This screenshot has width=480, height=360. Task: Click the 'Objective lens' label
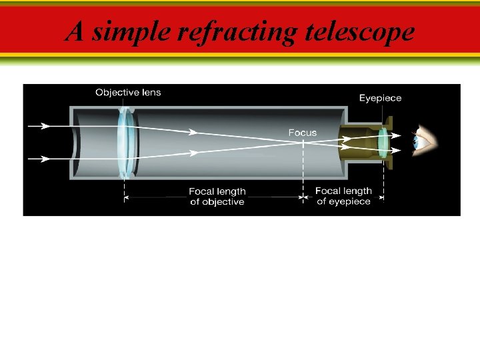(x=128, y=92)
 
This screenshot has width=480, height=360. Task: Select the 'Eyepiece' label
(x=380, y=98)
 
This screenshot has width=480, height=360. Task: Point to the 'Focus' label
(x=302, y=133)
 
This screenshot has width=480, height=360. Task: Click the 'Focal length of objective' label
(x=217, y=197)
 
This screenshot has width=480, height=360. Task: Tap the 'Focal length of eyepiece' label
(x=343, y=196)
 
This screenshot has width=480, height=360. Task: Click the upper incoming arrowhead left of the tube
(x=45, y=125)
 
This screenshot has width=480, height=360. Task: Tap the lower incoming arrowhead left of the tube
(x=45, y=159)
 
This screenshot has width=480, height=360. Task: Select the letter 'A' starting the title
(x=75, y=32)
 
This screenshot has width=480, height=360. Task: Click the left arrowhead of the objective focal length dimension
(x=129, y=197)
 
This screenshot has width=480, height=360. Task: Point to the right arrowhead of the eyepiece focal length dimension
(x=380, y=197)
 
